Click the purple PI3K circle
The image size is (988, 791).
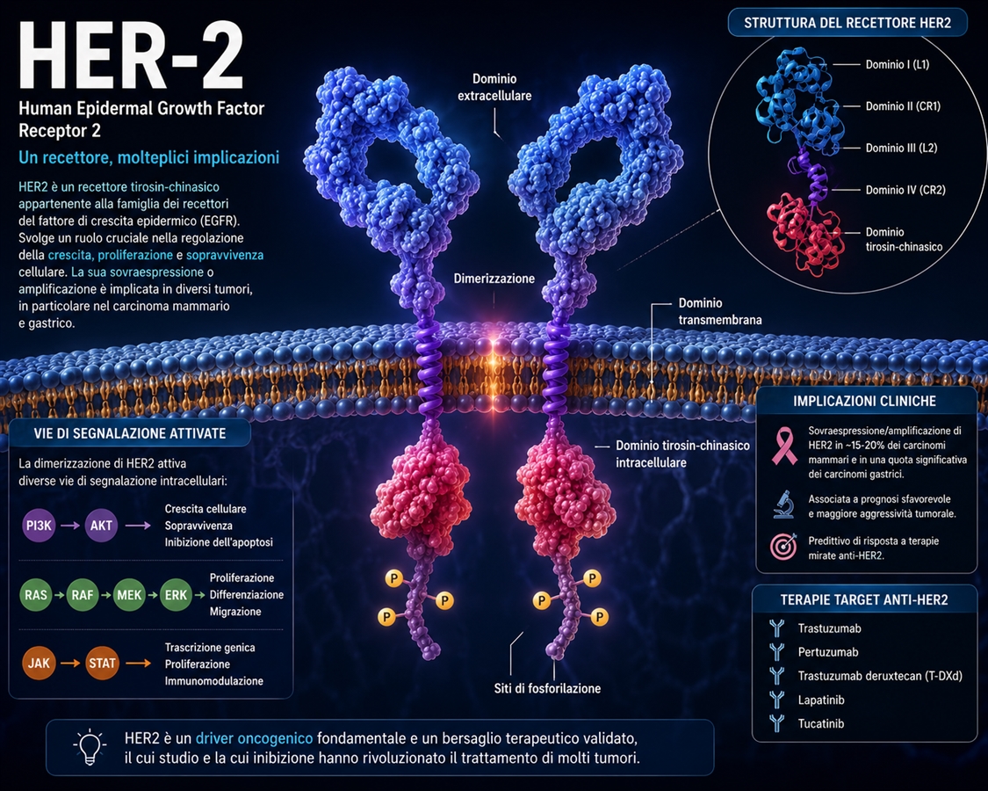[x=39, y=526]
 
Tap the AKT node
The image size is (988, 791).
[x=101, y=526]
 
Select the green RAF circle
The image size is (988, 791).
[x=82, y=595]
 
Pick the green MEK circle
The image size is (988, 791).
[x=129, y=595]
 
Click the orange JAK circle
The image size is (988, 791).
[x=39, y=663]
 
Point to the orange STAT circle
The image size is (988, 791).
[x=102, y=663]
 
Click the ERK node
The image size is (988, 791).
[x=176, y=595]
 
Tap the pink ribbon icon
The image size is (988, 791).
[x=784, y=446]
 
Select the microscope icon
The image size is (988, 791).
[x=783, y=504]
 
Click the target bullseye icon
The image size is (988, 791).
[x=783, y=547]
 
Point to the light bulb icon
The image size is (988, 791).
[x=90, y=747]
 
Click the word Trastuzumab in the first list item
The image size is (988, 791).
[x=829, y=628]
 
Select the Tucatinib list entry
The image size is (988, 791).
[x=820, y=723]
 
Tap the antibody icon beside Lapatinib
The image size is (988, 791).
[x=777, y=700]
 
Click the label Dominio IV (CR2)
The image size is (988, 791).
[x=905, y=190]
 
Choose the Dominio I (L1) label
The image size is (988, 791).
[x=898, y=64]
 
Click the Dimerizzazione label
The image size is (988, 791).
[x=494, y=279]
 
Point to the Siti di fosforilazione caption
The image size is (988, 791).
[x=547, y=688]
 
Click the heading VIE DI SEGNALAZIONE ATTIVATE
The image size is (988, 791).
[x=130, y=433]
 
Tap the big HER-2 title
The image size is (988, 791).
[x=131, y=55]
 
